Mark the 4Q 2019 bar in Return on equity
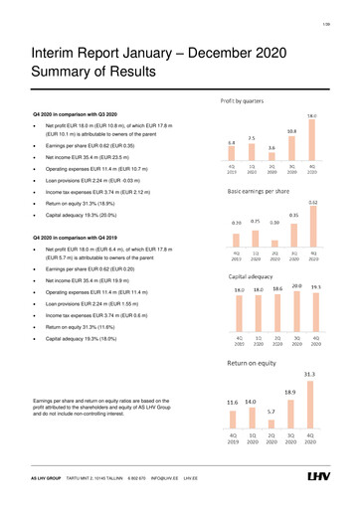[x=233, y=416]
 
